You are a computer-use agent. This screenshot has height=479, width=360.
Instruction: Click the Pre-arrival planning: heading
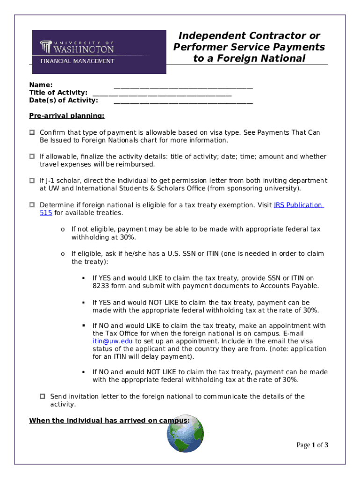67,116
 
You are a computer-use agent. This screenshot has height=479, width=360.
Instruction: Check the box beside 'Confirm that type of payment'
32,133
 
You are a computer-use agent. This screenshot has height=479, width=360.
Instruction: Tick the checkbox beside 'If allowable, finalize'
32,157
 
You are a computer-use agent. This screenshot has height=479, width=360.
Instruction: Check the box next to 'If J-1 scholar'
32,181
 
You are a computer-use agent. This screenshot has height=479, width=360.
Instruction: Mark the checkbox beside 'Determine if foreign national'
32,205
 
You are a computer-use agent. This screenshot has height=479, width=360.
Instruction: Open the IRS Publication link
298,205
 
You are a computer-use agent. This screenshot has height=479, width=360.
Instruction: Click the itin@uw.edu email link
113,341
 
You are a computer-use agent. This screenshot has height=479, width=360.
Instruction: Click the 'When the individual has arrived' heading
109,421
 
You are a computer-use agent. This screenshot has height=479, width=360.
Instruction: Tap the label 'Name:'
41,85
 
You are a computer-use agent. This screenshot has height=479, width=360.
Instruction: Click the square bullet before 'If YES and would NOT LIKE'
83,302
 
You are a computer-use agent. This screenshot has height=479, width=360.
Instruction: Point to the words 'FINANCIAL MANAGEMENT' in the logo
77,61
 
